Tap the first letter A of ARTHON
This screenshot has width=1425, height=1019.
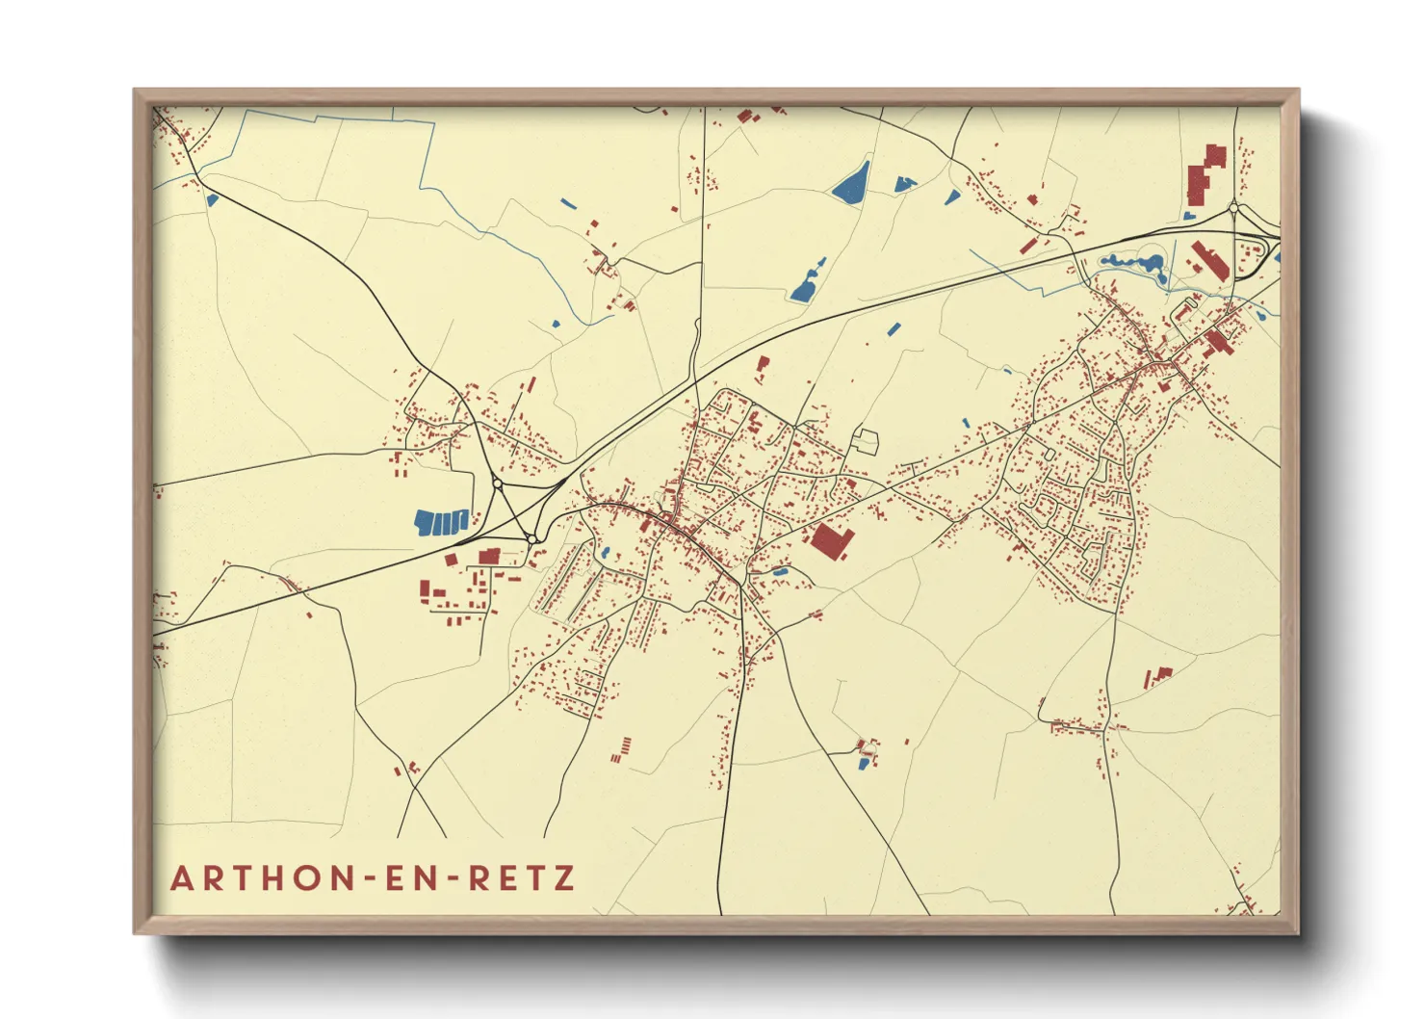click(181, 878)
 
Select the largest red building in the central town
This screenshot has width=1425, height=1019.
click(832, 540)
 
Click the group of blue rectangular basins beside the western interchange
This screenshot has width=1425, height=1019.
click(441, 523)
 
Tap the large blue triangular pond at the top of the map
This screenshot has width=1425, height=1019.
click(850, 182)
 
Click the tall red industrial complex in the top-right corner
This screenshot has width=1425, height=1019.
click(1205, 175)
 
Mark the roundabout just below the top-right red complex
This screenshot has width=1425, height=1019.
click(1233, 207)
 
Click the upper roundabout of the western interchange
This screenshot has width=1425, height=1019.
click(497, 483)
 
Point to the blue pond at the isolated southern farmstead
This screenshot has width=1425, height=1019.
click(864, 764)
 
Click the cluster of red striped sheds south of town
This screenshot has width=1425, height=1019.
click(622, 750)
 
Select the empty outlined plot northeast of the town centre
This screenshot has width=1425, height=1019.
click(867, 441)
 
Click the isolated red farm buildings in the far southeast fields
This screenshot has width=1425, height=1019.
click(1156, 676)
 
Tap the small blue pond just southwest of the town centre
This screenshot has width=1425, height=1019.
click(605, 553)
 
